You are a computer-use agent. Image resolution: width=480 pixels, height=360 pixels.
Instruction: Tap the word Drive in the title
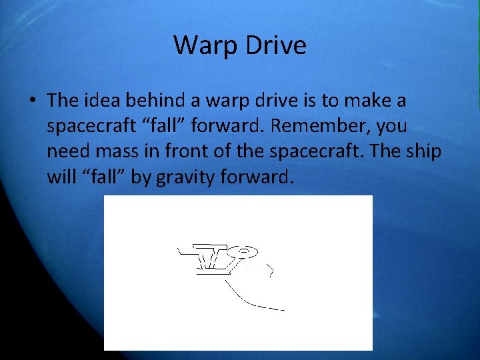tap(275, 45)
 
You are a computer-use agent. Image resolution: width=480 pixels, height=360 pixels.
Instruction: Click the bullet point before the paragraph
tap(32, 101)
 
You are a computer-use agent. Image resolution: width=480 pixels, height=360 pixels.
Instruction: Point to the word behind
tap(151, 101)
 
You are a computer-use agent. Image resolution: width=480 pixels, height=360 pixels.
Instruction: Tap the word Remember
tap(315, 126)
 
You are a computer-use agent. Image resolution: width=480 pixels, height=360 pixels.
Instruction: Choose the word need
tap(68, 151)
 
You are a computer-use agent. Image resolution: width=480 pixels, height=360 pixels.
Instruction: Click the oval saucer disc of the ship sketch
tap(246, 251)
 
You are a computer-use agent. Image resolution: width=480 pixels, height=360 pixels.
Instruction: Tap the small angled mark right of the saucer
tap(270, 270)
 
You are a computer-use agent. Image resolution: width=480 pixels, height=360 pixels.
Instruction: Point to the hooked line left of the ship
tap(185, 251)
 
